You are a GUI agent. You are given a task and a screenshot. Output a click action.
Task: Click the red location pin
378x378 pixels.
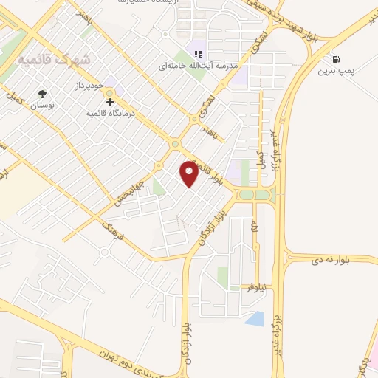pos(190,173)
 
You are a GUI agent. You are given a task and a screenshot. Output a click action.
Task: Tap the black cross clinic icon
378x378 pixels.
pos(110,101)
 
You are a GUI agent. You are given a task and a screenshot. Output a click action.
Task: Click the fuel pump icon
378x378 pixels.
pos(337,59)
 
